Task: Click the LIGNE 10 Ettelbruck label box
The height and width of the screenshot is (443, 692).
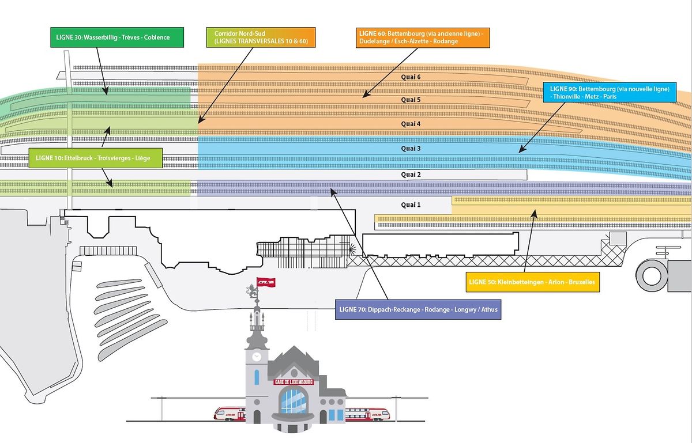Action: pyautogui.click(x=95, y=157)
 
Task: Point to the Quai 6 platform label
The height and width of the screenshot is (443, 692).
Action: pyautogui.click(x=411, y=77)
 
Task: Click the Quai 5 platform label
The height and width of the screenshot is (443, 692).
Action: pyautogui.click(x=411, y=100)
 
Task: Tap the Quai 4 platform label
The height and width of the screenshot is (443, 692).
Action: pyautogui.click(x=411, y=124)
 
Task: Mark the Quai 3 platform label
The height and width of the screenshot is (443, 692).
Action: pyautogui.click(x=411, y=149)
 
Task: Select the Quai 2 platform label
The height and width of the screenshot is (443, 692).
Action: pyautogui.click(x=411, y=174)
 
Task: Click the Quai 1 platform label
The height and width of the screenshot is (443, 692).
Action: pyautogui.click(x=411, y=205)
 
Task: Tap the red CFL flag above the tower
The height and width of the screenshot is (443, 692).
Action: pyautogui.click(x=266, y=282)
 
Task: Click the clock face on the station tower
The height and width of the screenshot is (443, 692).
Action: pyautogui.click(x=256, y=357)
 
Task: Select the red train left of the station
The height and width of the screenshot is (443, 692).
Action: pyautogui.click(x=230, y=413)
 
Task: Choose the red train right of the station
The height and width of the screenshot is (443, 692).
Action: pyautogui.click(x=366, y=413)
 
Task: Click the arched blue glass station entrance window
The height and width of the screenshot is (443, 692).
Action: pyautogui.click(x=294, y=401)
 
